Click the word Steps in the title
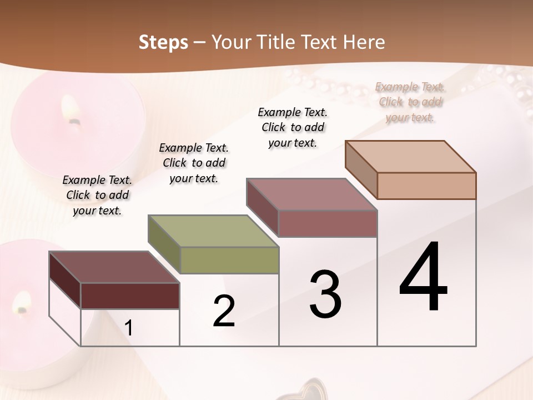163,42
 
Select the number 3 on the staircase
325,294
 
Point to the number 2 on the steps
224,311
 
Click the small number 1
129,328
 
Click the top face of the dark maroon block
114,267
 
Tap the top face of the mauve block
312,194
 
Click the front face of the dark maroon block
130,296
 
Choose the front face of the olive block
229,260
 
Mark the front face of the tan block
426,186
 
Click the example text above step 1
97,195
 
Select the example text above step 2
194,163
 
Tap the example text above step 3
293,127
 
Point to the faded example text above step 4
410,102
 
